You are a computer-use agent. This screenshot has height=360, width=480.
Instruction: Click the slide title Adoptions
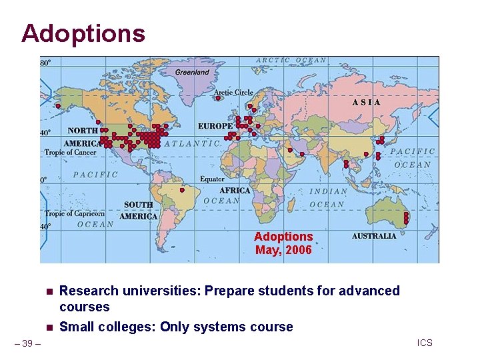83,33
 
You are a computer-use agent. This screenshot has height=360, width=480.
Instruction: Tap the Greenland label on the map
192,72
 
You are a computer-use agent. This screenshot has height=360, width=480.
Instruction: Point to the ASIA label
367,103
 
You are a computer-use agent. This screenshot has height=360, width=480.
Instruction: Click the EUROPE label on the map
215,126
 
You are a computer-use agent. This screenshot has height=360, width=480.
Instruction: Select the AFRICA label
235,191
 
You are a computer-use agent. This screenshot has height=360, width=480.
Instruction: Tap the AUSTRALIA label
374,236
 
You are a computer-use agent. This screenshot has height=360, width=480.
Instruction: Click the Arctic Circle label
233,92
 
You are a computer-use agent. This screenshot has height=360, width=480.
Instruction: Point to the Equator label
212,179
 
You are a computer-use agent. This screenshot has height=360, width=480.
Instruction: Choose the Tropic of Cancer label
70,153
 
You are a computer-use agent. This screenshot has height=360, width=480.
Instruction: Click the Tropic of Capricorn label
75,214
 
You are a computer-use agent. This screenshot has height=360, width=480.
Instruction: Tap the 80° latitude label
45,63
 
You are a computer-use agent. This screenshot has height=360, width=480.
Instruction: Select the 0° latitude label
44,180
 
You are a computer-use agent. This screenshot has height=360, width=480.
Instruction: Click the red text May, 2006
283,251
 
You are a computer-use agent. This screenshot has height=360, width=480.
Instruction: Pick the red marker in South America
182,190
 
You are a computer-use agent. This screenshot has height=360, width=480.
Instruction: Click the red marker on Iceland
218,99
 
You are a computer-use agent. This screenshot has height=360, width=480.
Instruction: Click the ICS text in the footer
425,343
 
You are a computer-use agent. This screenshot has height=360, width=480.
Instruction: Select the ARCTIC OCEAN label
291,60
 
